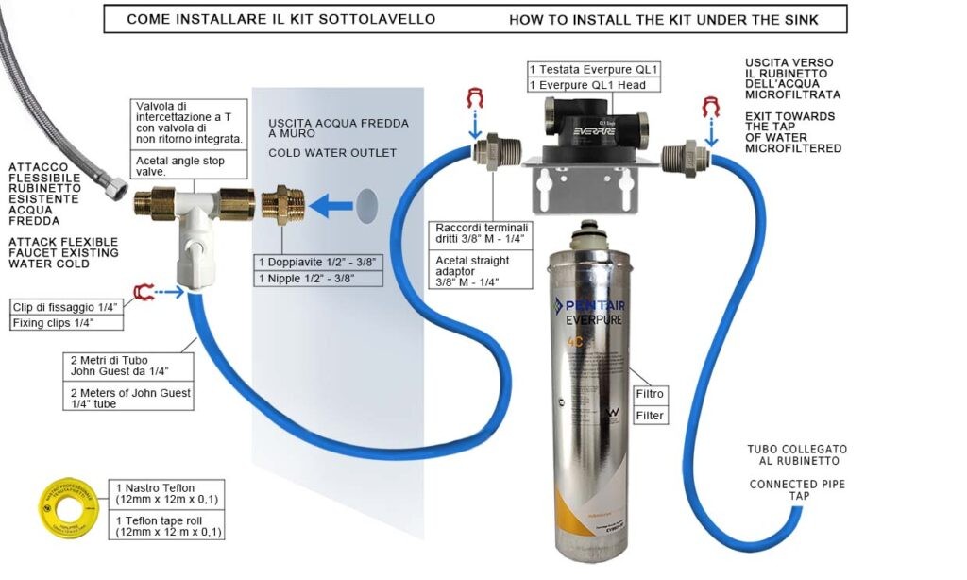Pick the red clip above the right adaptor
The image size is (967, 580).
710,107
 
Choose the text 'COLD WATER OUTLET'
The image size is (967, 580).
332,152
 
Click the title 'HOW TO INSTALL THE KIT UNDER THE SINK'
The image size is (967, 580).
664,19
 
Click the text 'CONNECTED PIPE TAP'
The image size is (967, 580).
797,489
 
